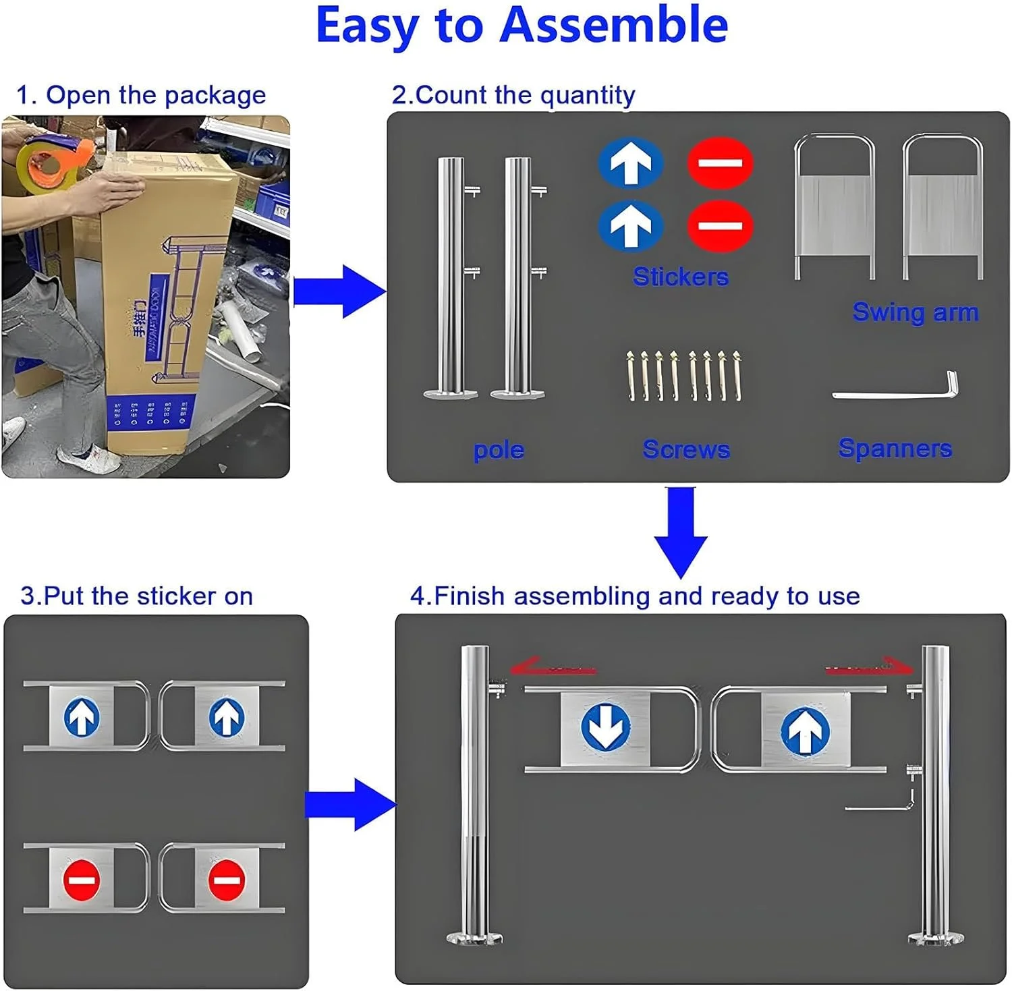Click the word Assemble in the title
[x=613, y=26]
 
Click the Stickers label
[x=680, y=277]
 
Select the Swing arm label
[x=915, y=312]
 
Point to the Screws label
[x=686, y=449]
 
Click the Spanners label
[x=895, y=449]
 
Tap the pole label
[x=499, y=450]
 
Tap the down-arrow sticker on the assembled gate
[x=605, y=728]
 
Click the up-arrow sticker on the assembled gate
[x=805, y=731]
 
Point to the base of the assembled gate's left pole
[x=474, y=938]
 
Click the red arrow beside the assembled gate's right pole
[x=870, y=667]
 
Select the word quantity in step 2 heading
[x=588, y=96]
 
